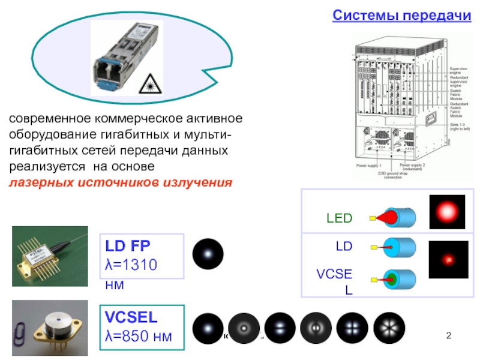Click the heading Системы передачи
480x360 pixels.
click(x=402, y=15)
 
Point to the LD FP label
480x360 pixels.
click(x=128, y=246)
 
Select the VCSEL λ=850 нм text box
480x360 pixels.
click(x=142, y=326)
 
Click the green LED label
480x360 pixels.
click(x=339, y=218)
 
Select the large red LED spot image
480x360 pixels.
click(x=447, y=212)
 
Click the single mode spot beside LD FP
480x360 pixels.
click(x=208, y=254)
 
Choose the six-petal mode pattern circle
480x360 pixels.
click(x=389, y=328)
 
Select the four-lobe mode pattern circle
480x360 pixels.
click(x=353, y=328)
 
